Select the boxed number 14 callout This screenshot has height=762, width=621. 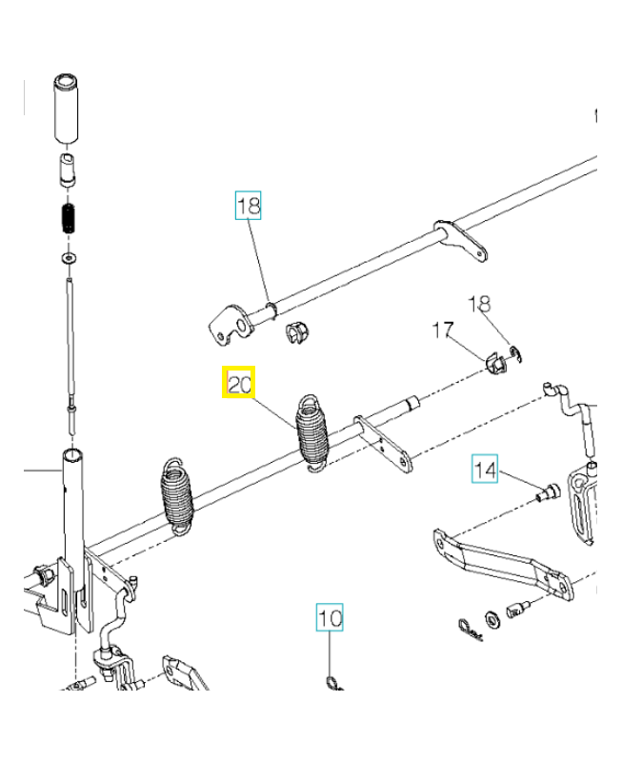point(486,469)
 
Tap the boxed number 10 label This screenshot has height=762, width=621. point(330,618)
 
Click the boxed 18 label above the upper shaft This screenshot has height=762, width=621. point(249,205)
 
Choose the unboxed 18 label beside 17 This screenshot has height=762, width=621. point(480,305)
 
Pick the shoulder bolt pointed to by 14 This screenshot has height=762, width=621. point(549,492)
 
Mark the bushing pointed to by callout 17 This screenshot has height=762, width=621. point(494,363)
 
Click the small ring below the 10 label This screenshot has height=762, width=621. point(330,681)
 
